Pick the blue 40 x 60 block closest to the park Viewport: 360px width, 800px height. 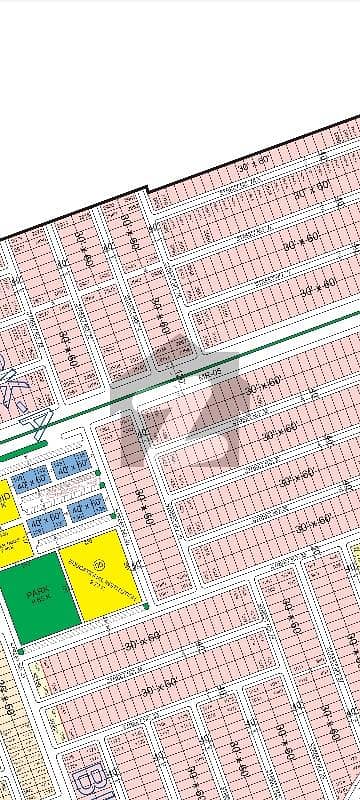pos(43,521)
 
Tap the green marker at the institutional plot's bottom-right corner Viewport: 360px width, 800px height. pos(146,605)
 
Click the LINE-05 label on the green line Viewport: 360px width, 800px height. pos(207,372)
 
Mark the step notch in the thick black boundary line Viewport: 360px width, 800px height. pos(149,189)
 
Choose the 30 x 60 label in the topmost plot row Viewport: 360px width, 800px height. pos(254,163)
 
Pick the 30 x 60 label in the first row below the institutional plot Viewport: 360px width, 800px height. pos(140,635)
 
